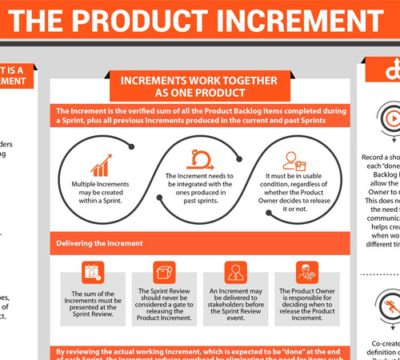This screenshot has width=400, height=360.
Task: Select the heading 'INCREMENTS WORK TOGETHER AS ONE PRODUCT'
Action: (198, 86)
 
